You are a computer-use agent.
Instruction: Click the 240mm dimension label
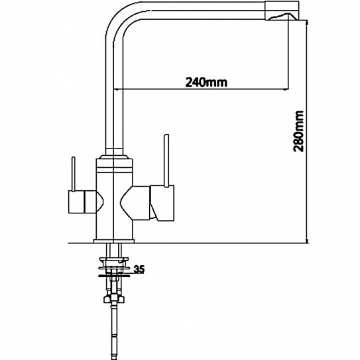click(x=206, y=82)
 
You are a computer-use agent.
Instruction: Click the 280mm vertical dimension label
click(x=298, y=131)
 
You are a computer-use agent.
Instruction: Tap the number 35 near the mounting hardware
click(x=139, y=269)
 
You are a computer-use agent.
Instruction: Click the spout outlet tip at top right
click(x=282, y=11)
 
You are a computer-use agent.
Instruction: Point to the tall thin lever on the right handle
click(x=166, y=160)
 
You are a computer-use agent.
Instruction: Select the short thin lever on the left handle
click(x=74, y=174)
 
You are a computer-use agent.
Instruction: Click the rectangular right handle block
click(x=162, y=203)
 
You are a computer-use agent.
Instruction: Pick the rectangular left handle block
click(x=77, y=202)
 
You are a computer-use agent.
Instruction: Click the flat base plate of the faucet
click(x=114, y=241)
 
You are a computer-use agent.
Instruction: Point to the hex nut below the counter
click(x=114, y=299)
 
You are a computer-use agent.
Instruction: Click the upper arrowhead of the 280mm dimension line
click(x=307, y=23)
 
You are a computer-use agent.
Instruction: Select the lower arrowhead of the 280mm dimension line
click(x=307, y=241)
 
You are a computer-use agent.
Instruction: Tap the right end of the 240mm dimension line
click(x=288, y=89)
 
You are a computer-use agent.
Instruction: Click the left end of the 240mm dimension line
click(x=114, y=89)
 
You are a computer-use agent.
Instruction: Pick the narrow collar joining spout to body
click(x=114, y=152)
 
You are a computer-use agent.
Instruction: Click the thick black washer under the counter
click(x=114, y=276)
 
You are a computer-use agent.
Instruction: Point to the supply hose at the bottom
click(x=113, y=331)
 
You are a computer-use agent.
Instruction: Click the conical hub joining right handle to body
click(x=135, y=203)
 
